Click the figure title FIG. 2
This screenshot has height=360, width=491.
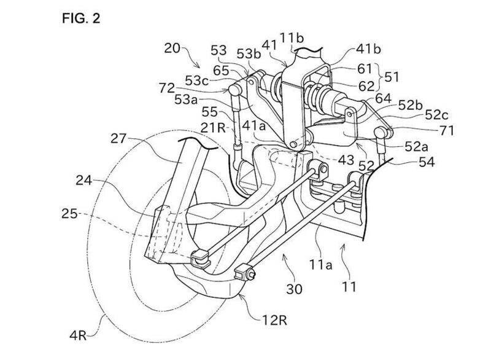click(81, 18)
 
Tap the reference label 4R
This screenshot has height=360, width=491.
click(78, 335)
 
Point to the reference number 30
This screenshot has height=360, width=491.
click(294, 289)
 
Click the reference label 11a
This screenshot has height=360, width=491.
click(320, 265)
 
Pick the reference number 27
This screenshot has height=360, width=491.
click(118, 138)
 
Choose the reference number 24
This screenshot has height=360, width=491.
click(83, 181)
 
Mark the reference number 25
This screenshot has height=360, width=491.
click(69, 214)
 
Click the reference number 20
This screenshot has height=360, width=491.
click(172, 49)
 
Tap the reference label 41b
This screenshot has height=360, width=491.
click(368, 49)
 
